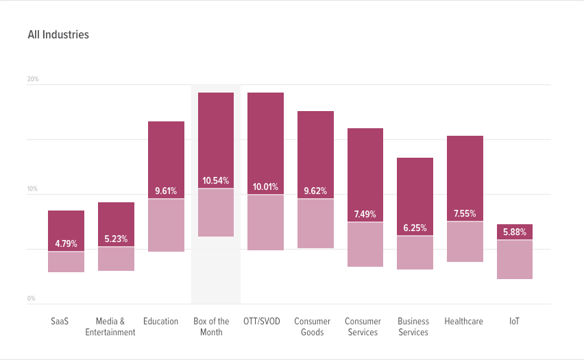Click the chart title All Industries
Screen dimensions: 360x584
pyautogui.click(x=58, y=34)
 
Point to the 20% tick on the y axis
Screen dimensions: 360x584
pyautogui.click(x=33, y=80)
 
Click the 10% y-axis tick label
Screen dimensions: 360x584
pyautogui.click(x=33, y=189)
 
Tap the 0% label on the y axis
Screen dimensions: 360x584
pyautogui.click(x=32, y=299)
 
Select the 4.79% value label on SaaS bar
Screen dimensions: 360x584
pyautogui.click(x=66, y=243)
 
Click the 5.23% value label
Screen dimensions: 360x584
pyautogui.click(x=116, y=239)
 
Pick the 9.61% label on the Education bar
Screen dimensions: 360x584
pyautogui.click(x=166, y=191)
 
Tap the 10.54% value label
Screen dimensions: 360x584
pyautogui.click(x=216, y=181)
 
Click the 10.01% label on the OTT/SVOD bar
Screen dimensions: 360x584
pyautogui.click(x=265, y=187)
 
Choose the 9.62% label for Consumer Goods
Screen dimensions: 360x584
pyautogui.click(x=315, y=191)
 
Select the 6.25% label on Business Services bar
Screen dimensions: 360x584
pyautogui.click(x=415, y=228)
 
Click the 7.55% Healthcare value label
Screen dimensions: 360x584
pyautogui.click(x=465, y=214)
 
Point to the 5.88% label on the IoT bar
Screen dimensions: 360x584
pyautogui.click(x=515, y=232)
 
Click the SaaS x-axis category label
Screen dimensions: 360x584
pyautogui.click(x=60, y=322)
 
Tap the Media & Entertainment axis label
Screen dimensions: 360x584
pyautogui.click(x=110, y=327)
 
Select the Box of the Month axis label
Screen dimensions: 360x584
pyautogui.click(x=211, y=327)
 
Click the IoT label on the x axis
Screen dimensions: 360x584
pyautogui.click(x=514, y=322)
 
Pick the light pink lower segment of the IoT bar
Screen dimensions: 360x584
pyautogui.click(x=515, y=260)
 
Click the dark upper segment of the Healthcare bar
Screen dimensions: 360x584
pyautogui.click(x=465, y=171)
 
